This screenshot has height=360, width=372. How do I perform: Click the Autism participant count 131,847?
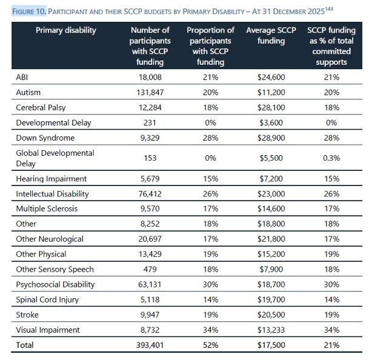(x=150, y=92)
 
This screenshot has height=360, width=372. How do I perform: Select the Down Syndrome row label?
(x=45, y=138)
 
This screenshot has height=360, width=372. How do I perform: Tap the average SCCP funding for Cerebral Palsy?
(x=271, y=107)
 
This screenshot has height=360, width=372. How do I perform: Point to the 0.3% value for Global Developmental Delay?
(x=331, y=158)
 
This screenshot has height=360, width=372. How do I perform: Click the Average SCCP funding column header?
(x=271, y=35)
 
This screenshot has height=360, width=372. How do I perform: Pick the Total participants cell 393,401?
(x=150, y=345)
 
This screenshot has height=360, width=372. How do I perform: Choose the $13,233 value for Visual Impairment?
(x=271, y=330)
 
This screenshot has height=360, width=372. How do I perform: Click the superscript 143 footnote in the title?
(x=329, y=9)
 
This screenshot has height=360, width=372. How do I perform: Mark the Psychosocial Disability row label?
(x=55, y=284)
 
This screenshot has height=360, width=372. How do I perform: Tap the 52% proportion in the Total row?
(x=210, y=345)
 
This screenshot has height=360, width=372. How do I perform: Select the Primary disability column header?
(x=66, y=30)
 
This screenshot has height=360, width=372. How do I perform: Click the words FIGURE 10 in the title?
(x=29, y=12)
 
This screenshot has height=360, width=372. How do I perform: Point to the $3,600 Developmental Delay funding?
(x=271, y=122)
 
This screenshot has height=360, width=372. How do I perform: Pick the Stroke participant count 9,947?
(x=150, y=315)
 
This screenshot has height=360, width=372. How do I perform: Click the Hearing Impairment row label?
(x=51, y=179)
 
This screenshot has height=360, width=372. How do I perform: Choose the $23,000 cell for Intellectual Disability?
(x=271, y=194)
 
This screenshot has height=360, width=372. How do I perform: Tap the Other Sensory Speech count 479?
(x=150, y=269)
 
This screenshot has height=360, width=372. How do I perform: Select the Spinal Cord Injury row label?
(x=47, y=300)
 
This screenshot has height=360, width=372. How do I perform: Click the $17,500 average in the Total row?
(x=271, y=345)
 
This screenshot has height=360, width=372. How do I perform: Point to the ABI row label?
(x=22, y=78)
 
